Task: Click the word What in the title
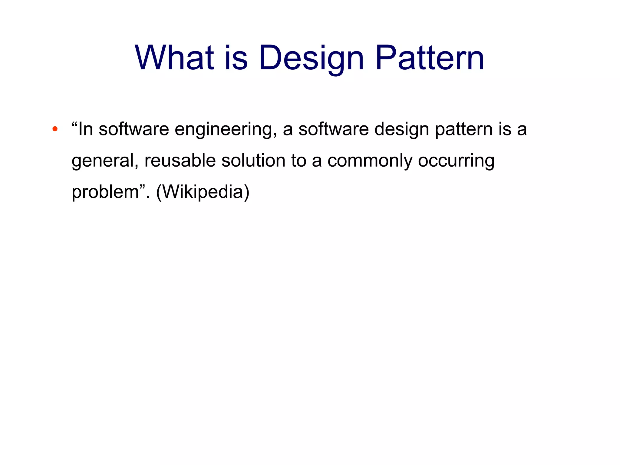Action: pyautogui.click(x=174, y=58)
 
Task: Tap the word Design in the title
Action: pyautogui.click(x=311, y=58)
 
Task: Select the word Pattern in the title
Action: pyautogui.click(x=430, y=58)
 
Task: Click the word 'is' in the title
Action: pyautogui.click(x=236, y=58)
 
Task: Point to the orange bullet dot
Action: pyautogui.click(x=55, y=129)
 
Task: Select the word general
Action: pyautogui.click(x=105, y=161)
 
